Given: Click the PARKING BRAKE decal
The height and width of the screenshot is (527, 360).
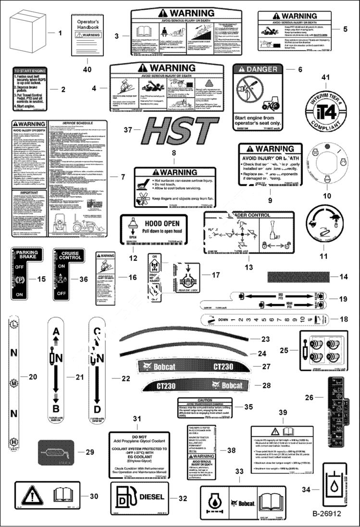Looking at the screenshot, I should (30, 272).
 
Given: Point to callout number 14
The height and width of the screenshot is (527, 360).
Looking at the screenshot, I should (343, 277).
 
